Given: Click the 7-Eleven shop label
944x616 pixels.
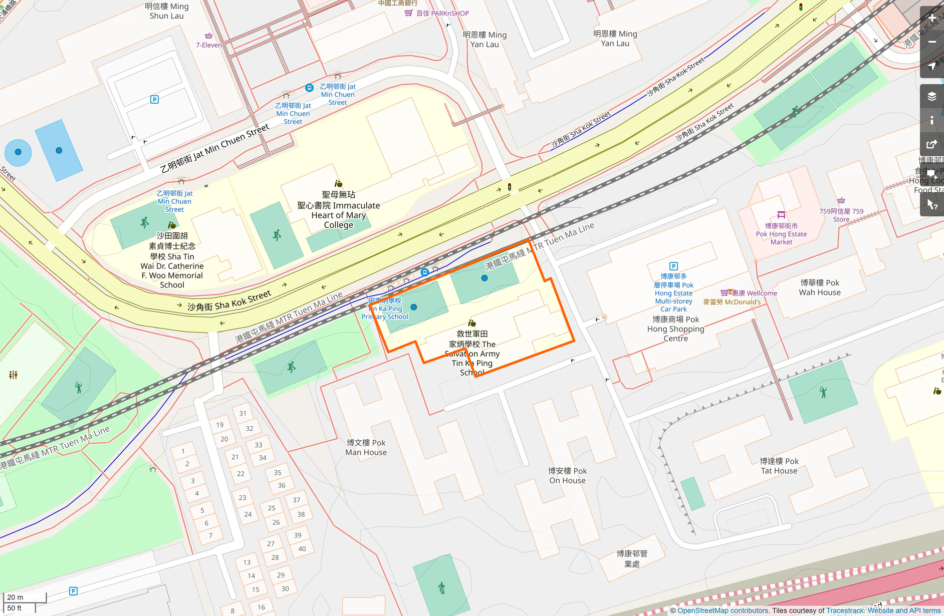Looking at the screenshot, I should tap(208, 45).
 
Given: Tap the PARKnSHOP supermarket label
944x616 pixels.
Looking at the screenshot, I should tap(442, 14).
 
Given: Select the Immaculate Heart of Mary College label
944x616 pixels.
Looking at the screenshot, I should tap(338, 210).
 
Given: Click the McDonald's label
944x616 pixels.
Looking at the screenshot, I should tap(732, 302).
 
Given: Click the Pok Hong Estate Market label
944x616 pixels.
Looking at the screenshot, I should tap(781, 234).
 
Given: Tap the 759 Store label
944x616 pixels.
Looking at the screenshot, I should tap(841, 215).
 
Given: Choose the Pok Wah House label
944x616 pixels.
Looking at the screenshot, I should tap(820, 287).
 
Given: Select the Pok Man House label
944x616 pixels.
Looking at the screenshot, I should tap(366, 447).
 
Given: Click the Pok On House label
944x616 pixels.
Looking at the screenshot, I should tap(567, 475).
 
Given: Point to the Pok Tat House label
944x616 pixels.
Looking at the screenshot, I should tap(779, 466).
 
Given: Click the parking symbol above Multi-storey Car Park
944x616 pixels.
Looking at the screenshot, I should tap(673, 266).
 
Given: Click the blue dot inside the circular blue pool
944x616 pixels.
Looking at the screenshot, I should tap(19, 152).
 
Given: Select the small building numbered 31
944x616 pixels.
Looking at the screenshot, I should tap(243, 413).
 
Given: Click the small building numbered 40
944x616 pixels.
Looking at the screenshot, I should tap(302, 548).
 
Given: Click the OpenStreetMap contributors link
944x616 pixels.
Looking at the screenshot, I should tap(723, 610).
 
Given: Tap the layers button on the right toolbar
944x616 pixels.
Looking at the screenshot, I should tap(931, 96).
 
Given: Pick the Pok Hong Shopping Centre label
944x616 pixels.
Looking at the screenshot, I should tap(675, 329).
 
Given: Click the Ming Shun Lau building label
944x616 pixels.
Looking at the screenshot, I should tap(166, 11).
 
